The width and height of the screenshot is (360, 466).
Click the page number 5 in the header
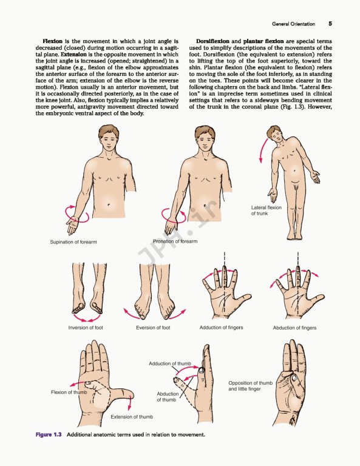point(330,24)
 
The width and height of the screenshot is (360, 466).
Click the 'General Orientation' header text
point(294,24)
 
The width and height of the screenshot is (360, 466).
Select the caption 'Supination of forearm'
point(73,242)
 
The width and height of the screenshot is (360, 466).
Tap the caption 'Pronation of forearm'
point(175,241)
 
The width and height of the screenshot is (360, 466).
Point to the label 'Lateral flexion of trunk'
point(267,211)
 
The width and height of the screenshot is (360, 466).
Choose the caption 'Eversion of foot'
point(153,328)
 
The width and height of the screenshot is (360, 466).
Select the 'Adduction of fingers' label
point(221,328)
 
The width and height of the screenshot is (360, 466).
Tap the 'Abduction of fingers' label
point(294,328)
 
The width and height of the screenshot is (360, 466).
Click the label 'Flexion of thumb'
point(69,392)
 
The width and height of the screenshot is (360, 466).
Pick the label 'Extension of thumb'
point(132,417)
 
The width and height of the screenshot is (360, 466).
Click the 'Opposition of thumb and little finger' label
point(250,386)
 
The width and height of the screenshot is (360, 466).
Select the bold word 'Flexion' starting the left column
point(51,40)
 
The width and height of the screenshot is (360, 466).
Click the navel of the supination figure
point(108,205)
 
